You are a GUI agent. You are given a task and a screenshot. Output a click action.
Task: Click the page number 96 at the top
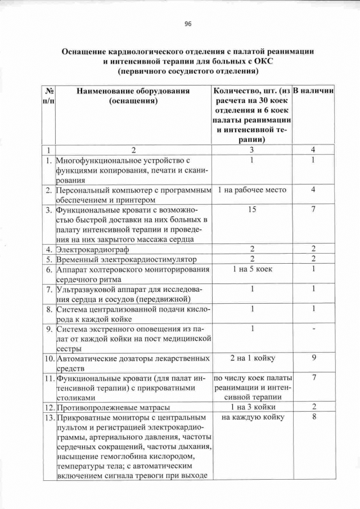pyautogui.click(x=188, y=24)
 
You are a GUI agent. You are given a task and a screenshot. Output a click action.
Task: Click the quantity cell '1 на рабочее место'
pyautogui.click(x=252, y=190)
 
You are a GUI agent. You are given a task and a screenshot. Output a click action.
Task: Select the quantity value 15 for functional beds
pyautogui.click(x=252, y=210)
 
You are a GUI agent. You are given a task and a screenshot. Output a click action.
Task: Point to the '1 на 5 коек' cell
pyautogui.click(x=252, y=269)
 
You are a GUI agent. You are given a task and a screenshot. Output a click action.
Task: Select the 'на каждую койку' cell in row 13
pyautogui.click(x=252, y=417)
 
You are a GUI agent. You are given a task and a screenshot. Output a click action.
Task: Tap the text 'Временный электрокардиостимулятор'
pyautogui.click(x=124, y=259)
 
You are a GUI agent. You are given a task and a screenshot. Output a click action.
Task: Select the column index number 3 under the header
pyautogui.click(x=252, y=150)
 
